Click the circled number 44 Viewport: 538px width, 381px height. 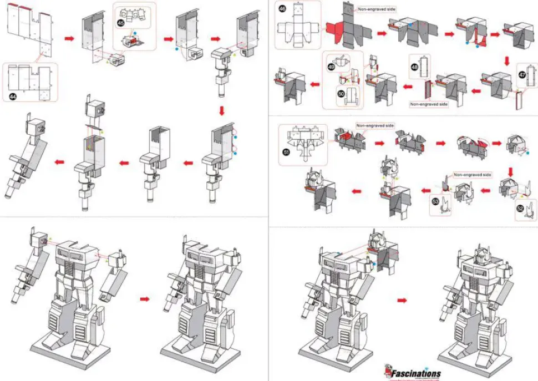tap(13, 96)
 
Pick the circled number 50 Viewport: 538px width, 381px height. tap(342, 94)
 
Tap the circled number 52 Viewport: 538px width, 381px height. tap(520, 209)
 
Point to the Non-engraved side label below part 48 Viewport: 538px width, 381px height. tap(428, 104)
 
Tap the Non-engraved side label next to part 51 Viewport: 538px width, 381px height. tap(374, 126)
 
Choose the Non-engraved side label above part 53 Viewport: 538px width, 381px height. tap(472, 175)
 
